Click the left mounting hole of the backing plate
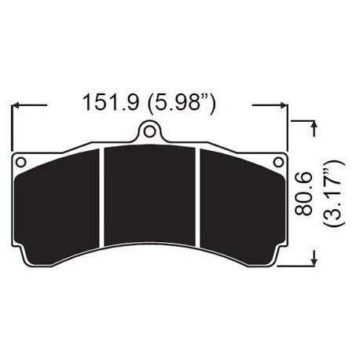pos(21,163)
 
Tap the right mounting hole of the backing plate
pos(276,163)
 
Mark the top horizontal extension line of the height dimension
pos(303,119)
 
